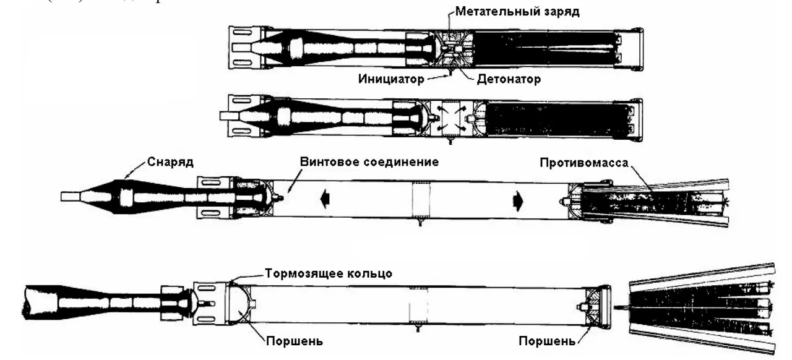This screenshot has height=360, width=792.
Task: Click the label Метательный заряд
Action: point(517,11)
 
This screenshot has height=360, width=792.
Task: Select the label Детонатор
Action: point(509,79)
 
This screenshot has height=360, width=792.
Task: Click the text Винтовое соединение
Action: point(369,162)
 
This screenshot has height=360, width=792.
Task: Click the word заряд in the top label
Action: point(561,11)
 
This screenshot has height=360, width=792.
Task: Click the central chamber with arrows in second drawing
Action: point(450,116)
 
